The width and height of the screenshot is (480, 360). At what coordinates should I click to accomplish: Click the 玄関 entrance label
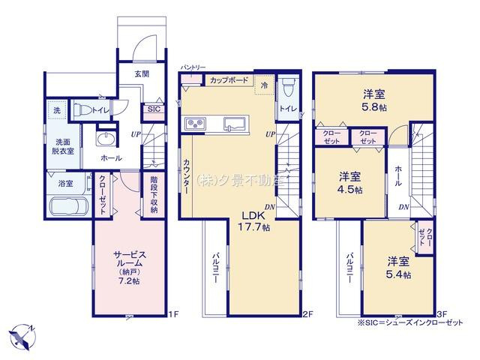click(142, 73)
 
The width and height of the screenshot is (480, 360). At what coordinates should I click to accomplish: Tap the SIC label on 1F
click(154, 109)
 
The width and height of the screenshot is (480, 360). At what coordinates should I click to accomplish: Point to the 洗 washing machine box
click(56, 111)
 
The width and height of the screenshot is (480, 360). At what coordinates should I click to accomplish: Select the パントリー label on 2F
click(192, 67)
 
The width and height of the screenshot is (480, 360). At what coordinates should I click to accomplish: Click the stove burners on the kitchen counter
click(194, 123)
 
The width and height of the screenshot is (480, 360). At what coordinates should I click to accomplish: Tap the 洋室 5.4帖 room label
click(398, 268)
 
